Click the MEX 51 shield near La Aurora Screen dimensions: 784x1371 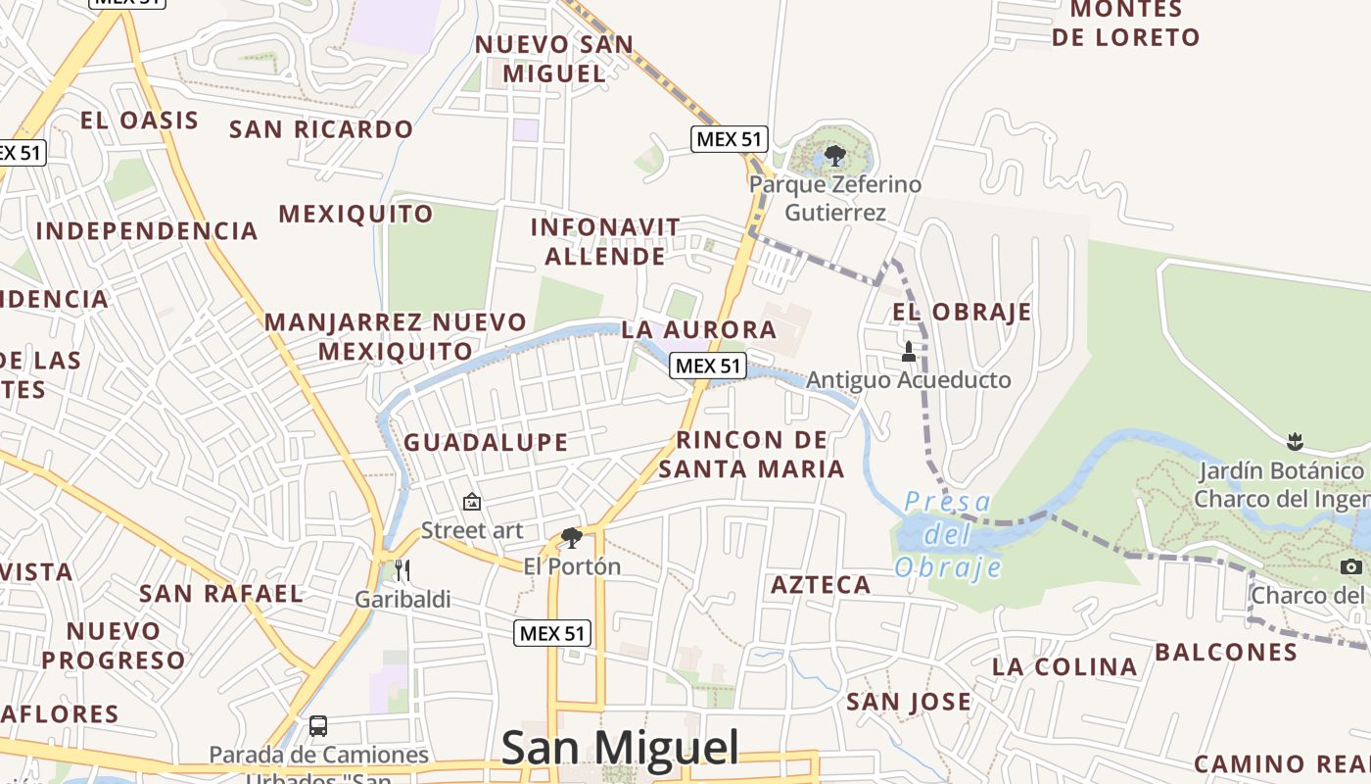coord(708,366)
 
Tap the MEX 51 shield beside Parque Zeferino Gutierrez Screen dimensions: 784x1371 coord(729,139)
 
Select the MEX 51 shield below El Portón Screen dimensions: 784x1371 coord(553,633)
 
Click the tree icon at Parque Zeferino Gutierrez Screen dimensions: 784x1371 coord(835,155)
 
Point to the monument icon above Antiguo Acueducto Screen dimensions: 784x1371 coord(909,351)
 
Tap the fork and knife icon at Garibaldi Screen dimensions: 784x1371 coord(402,570)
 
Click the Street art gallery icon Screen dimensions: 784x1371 coord(472,502)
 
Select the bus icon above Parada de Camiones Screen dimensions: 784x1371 coord(318,726)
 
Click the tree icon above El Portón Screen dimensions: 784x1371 coord(572,537)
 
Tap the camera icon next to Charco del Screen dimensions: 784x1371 coord(1351,566)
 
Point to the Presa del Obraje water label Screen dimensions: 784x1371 coord(948,535)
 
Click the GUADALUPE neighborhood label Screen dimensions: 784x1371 coord(486,442)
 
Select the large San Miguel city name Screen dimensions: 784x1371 coord(620,748)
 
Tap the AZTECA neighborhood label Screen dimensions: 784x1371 coord(821,585)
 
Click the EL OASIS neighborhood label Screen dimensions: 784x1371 coord(139,121)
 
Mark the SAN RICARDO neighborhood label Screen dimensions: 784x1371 coord(321,129)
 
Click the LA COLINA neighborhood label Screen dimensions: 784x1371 coord(1064,667)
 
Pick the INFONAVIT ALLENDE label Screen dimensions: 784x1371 coord(605,241)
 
